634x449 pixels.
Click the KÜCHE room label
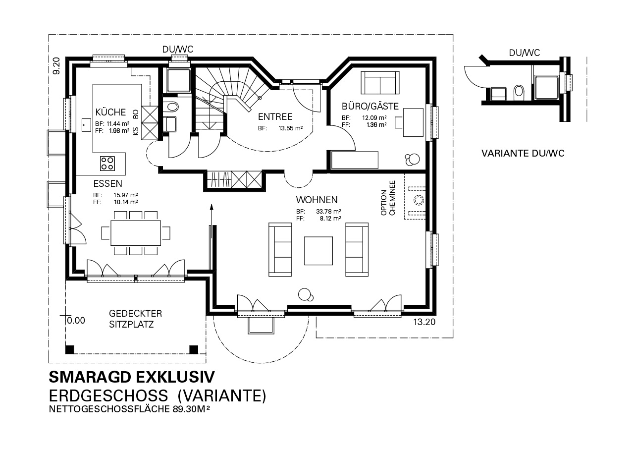point(110,112)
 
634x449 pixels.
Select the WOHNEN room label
point(317,200)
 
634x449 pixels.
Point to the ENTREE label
point(275,117)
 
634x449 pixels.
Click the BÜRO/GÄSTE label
point(370,106)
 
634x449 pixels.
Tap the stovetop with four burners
point(107,163)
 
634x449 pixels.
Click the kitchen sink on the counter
point(83,124)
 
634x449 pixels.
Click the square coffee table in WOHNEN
point(318,251)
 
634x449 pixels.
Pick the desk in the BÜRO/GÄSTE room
point(413,122)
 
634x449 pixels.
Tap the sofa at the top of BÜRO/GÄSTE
point(380,82)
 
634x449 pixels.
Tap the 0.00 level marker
point(75,321)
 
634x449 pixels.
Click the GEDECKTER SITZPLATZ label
point(135,319)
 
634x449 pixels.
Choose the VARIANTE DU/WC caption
point(523,154)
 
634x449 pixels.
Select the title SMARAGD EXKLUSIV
point(132,377)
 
